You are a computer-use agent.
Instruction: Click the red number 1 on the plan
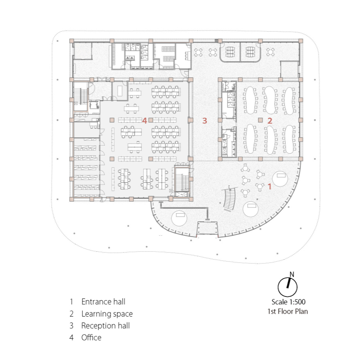pyautogui.click(x=269, y=186)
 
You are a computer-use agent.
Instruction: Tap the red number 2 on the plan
pyautogui.click(x=270, y=121)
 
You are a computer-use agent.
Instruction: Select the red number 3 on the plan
pyautogui.click(x=205, y=121)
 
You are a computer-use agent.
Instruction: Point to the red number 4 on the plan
pyautogui.click(x=144, y=121)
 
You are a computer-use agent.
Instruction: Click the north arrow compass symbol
pyautogui.click(x=287, y=287)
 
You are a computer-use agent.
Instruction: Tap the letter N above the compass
pyautogui.click(x=292, y=274)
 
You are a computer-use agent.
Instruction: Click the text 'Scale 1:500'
pyautogui.click(x=288, y=302)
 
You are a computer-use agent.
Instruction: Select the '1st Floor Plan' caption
pyautogui.click(x=288, y=311)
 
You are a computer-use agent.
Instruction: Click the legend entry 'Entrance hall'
pyautogui.click(x=103, y=302)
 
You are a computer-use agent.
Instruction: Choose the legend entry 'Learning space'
pyautogui.click(x=107, y=314)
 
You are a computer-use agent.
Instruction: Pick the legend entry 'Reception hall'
pyautogui.click(x=106, y=326)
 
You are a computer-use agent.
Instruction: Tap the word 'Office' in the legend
pyautogui.click(x=91, y=337)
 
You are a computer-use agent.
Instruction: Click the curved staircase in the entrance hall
pyautogui.click(x=230, y=198)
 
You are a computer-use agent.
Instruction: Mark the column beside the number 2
pyautogui.click(x=260, y=120)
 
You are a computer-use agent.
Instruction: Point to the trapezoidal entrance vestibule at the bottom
pyautogui.click(x=207, y=228)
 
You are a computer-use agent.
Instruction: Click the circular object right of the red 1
pyautogui.click(x=280, y=179)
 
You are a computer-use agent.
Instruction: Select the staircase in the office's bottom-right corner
pyautogui.click(x=182, y=180)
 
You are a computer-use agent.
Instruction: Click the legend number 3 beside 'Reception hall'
pyautogui.click(x=72, y=326)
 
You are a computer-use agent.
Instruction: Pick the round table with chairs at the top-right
pyautogui.click(x=271, y=52)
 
